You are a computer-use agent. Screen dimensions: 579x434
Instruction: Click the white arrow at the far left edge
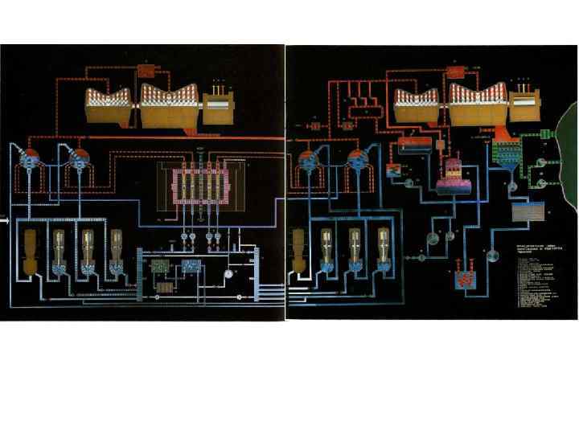[4, 218]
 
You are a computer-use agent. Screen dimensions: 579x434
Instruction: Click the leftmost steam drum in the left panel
[29, 160]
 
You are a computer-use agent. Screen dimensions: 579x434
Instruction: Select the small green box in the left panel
[163, 264]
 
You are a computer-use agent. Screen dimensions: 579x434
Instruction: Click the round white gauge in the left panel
[229, 273]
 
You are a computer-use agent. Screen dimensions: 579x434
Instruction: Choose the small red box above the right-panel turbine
[456, 70]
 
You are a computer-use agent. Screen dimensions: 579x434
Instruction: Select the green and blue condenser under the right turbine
[506, 153]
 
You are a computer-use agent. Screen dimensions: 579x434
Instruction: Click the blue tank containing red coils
[465, 280]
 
